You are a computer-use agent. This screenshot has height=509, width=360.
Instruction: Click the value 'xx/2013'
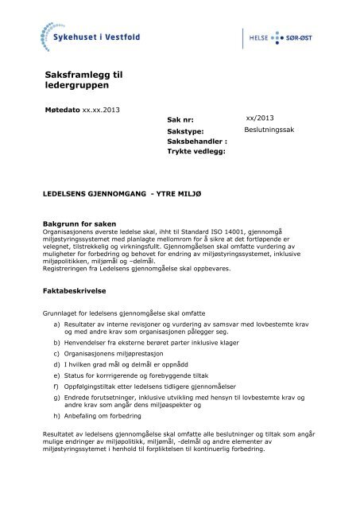click(x=260, y=116)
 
